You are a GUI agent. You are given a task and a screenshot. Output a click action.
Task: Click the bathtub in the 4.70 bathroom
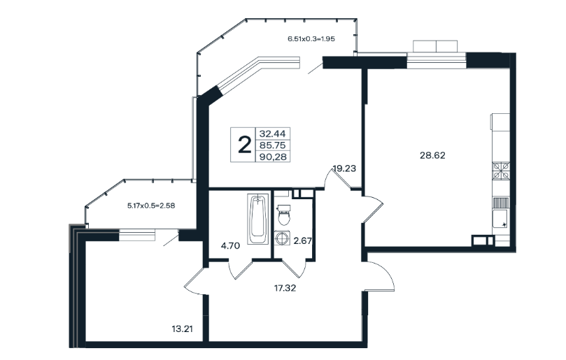[x=257, y=219]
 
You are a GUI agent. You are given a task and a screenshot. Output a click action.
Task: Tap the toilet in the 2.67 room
[x=284, y=215]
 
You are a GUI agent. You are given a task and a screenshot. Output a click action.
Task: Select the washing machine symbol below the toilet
[x=281, y=238]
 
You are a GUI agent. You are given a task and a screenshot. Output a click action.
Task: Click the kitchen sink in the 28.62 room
[x=501, y=219]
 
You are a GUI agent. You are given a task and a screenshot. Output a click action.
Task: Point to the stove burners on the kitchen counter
[x=501, y=171]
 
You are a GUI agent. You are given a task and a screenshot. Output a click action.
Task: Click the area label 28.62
[x=432, y=155]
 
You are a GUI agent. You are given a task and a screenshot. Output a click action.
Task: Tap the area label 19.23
[x=344, y=168]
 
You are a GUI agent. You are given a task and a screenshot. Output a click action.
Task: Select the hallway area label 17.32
[x=285, y=288]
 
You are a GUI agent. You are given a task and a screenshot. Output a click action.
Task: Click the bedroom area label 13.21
[x=183, y=329]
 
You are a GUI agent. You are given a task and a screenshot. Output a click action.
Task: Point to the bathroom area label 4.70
[x=230, y=246]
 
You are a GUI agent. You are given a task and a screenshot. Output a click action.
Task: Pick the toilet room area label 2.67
[x=302, y=241]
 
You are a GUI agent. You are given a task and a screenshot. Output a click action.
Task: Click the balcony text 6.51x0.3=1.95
[x=311, y=39]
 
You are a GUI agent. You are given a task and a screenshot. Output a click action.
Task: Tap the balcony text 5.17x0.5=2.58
[x=151, y=206]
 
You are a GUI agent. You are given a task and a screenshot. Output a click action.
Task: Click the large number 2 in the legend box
[x=244, y=145]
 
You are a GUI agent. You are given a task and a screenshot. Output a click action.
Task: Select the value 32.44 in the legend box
[x=273, y=134]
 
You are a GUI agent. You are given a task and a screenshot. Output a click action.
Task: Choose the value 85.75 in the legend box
[x=273, y=145]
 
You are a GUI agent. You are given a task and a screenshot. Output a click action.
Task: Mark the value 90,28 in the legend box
[x=273, y=157]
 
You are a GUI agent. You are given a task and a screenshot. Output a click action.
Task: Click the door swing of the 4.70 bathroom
[x=241, y=269]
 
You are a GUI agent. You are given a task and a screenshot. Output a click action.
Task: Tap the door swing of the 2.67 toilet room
[x=294, y=268]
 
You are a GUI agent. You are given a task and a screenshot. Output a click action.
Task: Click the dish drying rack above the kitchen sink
[x=501, y=203]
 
